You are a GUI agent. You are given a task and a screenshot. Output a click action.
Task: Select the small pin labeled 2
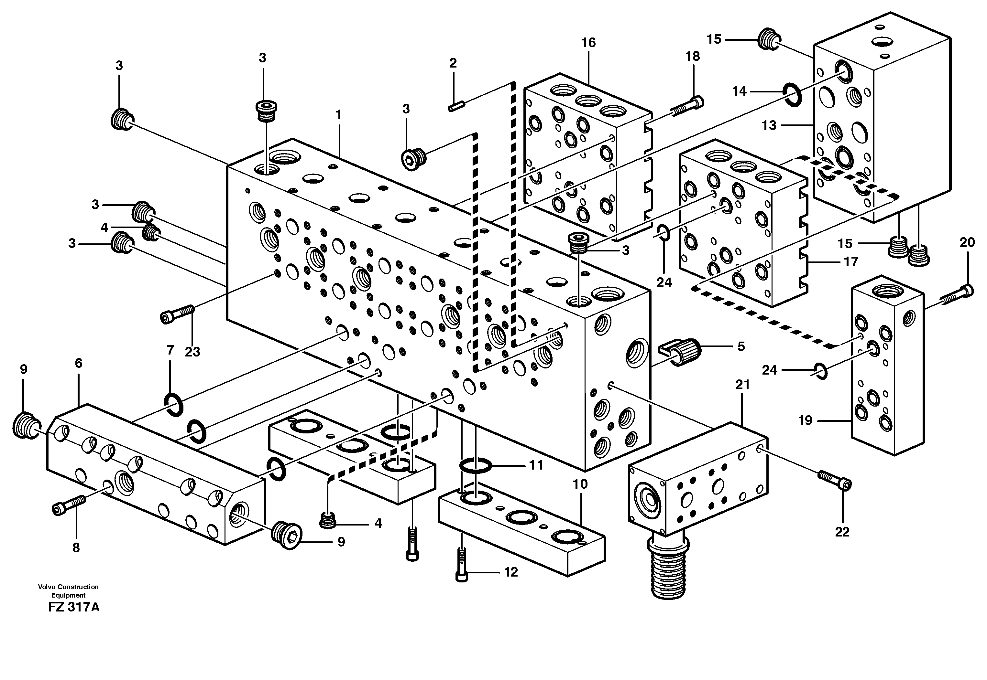coord(456,106)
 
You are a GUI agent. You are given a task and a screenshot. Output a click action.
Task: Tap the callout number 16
coord(588,43)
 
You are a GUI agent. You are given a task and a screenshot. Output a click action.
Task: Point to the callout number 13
coord(769,126)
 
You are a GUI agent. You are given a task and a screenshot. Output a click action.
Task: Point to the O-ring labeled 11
coord(476,466)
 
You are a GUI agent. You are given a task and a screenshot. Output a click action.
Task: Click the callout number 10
coord(580,484)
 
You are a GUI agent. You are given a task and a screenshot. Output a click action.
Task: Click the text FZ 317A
coord(74,608)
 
